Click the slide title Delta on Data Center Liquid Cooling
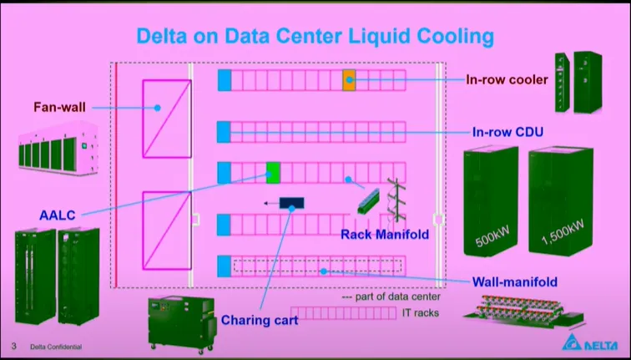tap(315, 36)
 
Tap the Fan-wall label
tap(60, 107)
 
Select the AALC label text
tap(58, 215)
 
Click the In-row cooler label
tap(507, 80)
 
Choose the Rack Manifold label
tap(384, 235)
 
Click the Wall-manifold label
tap(515, 281)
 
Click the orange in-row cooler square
tap(349, 80)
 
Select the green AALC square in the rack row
tap(272, 173)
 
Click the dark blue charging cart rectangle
tap(291, 203)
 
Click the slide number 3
tap(13, 346)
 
